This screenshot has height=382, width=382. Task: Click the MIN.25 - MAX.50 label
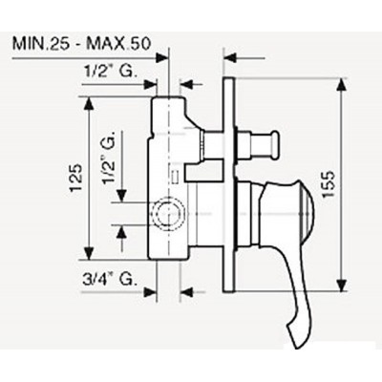pyautogui.click(x=81, y=44)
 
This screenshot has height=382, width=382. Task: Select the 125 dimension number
pyautogui.click(x=76, y=178)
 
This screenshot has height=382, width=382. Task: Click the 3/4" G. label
pyautogui.click(x=109, y=279)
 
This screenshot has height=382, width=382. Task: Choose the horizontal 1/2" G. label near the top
pyautogui.click(x=111, y=72)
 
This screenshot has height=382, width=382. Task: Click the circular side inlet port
pyautogui.click(x=168, y=214)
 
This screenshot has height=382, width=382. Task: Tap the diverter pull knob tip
pyautogui.click(x=274, y=144)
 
